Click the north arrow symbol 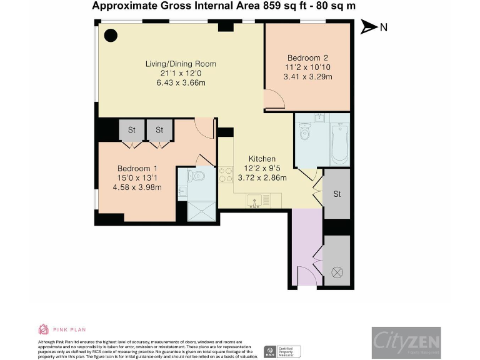pos(369,27)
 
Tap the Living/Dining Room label pos(181,64)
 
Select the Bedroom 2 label pos(307,58)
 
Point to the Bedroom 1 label pos(137,168)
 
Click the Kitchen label pos(262,159)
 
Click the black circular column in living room pos(111,36)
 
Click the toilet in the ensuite pos(197,176)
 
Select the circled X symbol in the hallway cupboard pos(337,272)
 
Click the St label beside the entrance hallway pos(337,194)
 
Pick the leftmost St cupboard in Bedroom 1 pos(132,130)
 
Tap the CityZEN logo pos(406,342)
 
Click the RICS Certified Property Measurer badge pos(282,351)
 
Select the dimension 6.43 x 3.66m pos(181,82)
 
